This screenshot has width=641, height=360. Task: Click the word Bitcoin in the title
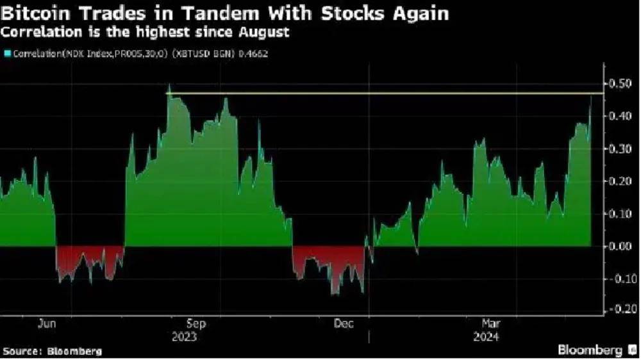[x=35, y=13]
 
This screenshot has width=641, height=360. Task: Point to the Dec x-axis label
[x=344, y=324]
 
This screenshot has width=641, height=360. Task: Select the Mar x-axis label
[x=491, y=324]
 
